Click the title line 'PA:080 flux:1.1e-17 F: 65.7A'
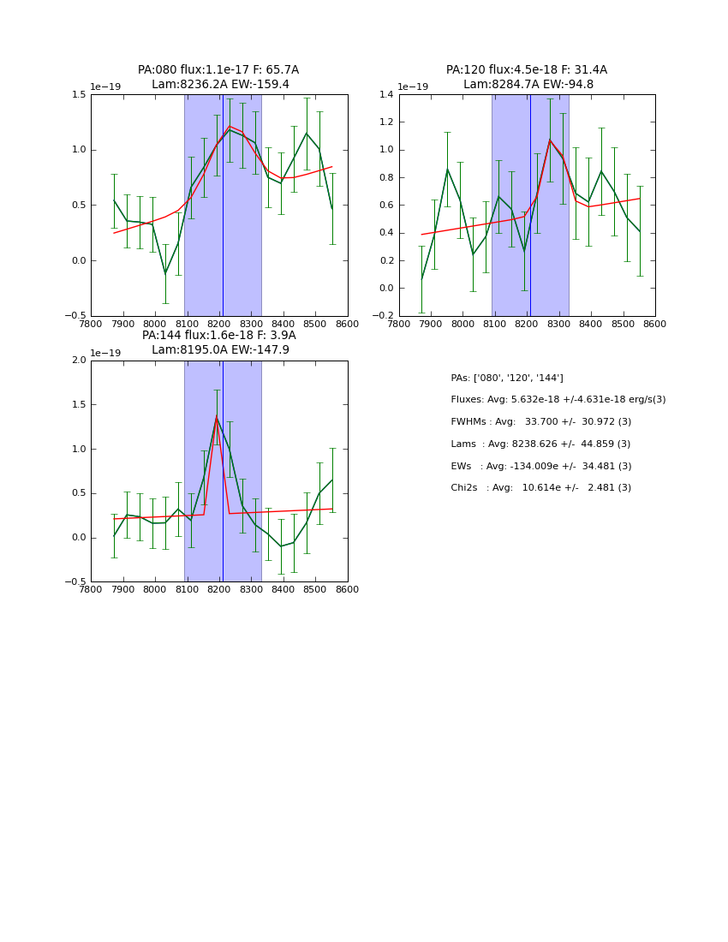point(218,70)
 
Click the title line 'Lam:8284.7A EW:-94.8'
point(528,84)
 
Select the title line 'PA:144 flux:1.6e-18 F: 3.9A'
point(218,336)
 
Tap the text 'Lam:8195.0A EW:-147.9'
point(220,349)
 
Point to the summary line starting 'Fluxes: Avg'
point(558,400)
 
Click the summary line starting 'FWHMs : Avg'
point(540,422)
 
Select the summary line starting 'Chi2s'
point(540,488)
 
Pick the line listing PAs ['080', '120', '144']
point(507,378)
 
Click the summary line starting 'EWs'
point(540,466)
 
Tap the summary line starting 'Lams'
point(540,444)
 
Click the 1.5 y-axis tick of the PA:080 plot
point(79,95)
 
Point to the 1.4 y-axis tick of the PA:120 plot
point(386,95)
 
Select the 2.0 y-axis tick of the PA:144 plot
point(79,361)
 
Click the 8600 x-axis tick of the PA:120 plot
point(654,324)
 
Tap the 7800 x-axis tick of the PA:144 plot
point(91,589)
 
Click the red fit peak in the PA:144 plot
point(216,417)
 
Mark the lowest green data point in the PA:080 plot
point(165,273)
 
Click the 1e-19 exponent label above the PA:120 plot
point(412,86)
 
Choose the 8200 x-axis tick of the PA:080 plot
point(219,324)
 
